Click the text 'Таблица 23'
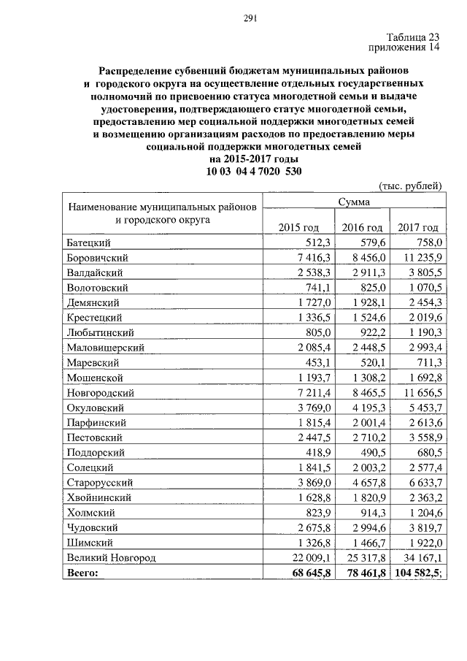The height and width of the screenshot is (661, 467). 414,37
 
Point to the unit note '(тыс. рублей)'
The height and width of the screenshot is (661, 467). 411,187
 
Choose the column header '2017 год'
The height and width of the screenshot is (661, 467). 418,228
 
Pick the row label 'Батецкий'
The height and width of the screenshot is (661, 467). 90,243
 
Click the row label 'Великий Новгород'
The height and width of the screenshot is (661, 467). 112,558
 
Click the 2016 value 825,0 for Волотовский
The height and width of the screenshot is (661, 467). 369,289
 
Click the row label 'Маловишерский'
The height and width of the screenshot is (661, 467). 106,348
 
